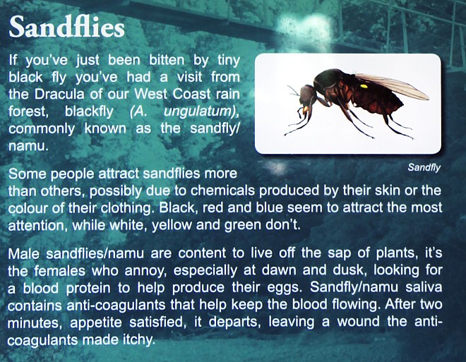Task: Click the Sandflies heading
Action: pyautogui.click(x=66, y=27)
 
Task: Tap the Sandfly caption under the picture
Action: pyautogui.click(x=424, y=167)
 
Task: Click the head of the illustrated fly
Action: pyautogui.click(x=306, y=95)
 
